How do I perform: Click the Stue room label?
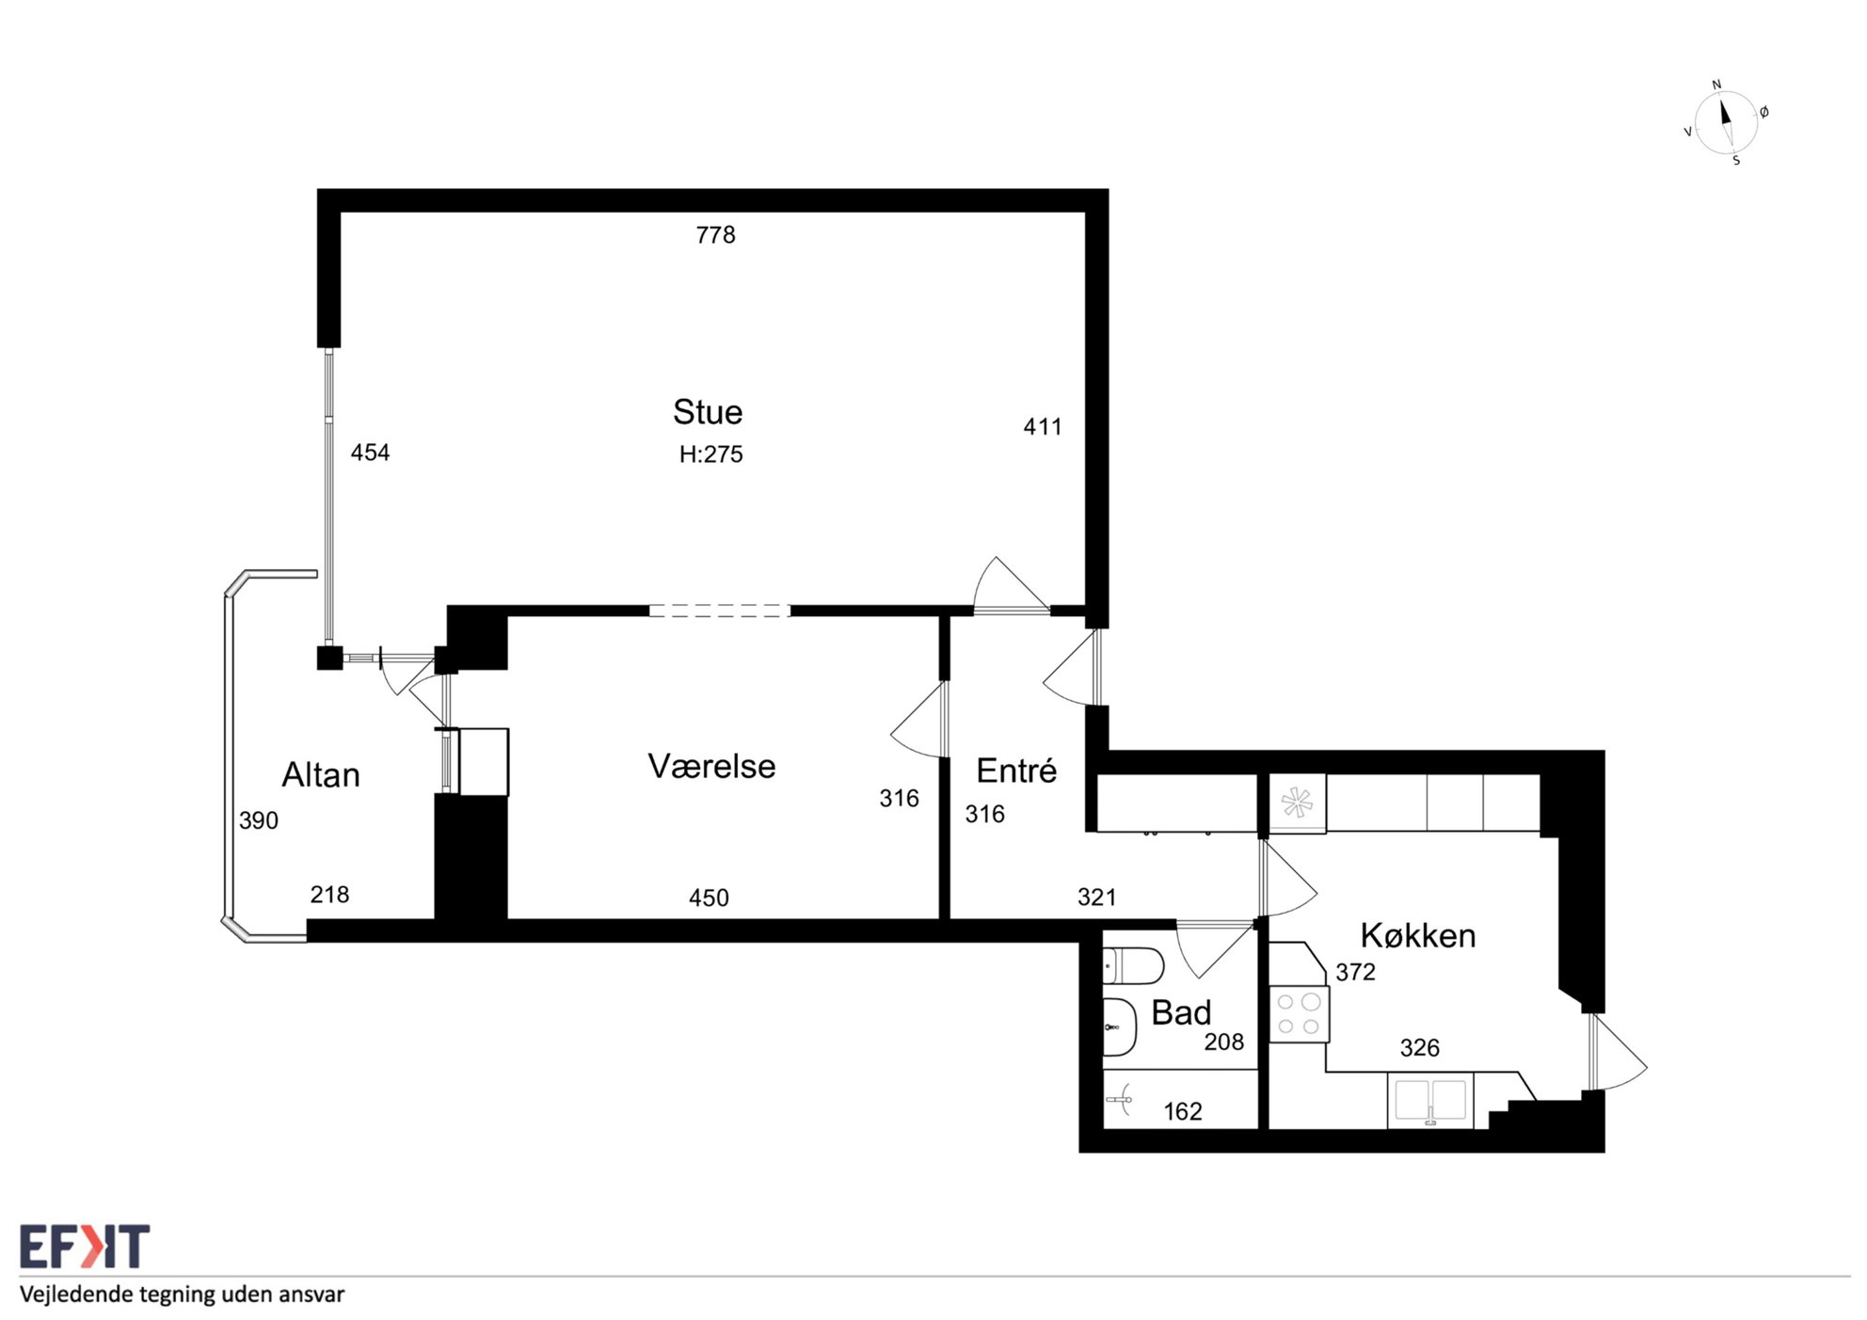coord(708,412)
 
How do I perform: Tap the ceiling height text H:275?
coord(710,454)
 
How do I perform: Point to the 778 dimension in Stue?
coord(715,234)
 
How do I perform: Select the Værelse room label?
coord(711,767)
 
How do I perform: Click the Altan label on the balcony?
coord(321,775)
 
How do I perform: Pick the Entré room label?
coord(1016,771)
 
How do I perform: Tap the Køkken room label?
coord(1417,935)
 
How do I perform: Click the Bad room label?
coord(1181,1013)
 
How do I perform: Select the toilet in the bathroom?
coord(1133,965)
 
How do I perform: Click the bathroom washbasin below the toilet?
coord(1120,1026)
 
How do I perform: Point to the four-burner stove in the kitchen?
coord(1299,1014)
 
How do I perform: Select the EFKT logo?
coord(85,1248)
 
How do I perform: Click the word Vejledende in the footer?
coord(76,1295)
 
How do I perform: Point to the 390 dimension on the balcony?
coord(259,820)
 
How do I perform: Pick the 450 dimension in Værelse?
coord(709,898)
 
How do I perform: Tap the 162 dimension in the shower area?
coord(1183,1111)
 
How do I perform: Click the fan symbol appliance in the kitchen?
coord(1297,803)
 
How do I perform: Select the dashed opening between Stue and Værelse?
coord(720,611)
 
